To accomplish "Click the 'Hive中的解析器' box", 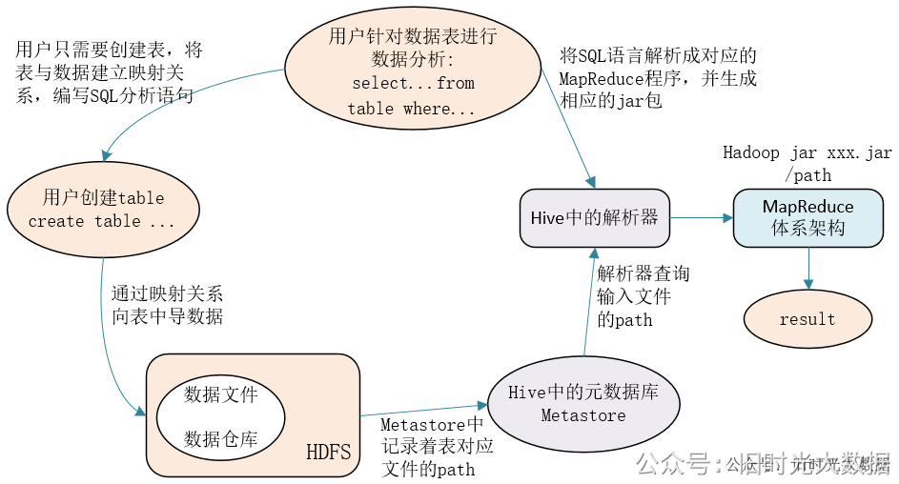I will pyautogui.click(x=594, y=217).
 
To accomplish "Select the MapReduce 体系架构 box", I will pyautogui.click(x=807, y=217).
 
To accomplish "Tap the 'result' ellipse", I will pyautogui.click(x=807, y=319).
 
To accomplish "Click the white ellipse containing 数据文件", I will pyautogui.click(x=220, y=415).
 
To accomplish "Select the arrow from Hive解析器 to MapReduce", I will pyautogui.click(x=700, y=218).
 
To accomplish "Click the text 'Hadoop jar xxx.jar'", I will pyautogui.click(x=807, y=152).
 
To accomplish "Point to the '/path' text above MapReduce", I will pyautogui.click(x=807, y=175).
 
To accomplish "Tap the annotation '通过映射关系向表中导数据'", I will pyautogui.click(x=167, y=305).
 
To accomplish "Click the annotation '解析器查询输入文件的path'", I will pyautogui.click(x=643, y=296).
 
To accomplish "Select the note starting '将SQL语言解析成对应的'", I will pyautogui.click(x=658, y=77).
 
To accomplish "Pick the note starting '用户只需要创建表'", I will pyautogui.click(x=109, y=72).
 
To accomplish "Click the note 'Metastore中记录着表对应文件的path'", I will pyautogui.click(x=436, y=446).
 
